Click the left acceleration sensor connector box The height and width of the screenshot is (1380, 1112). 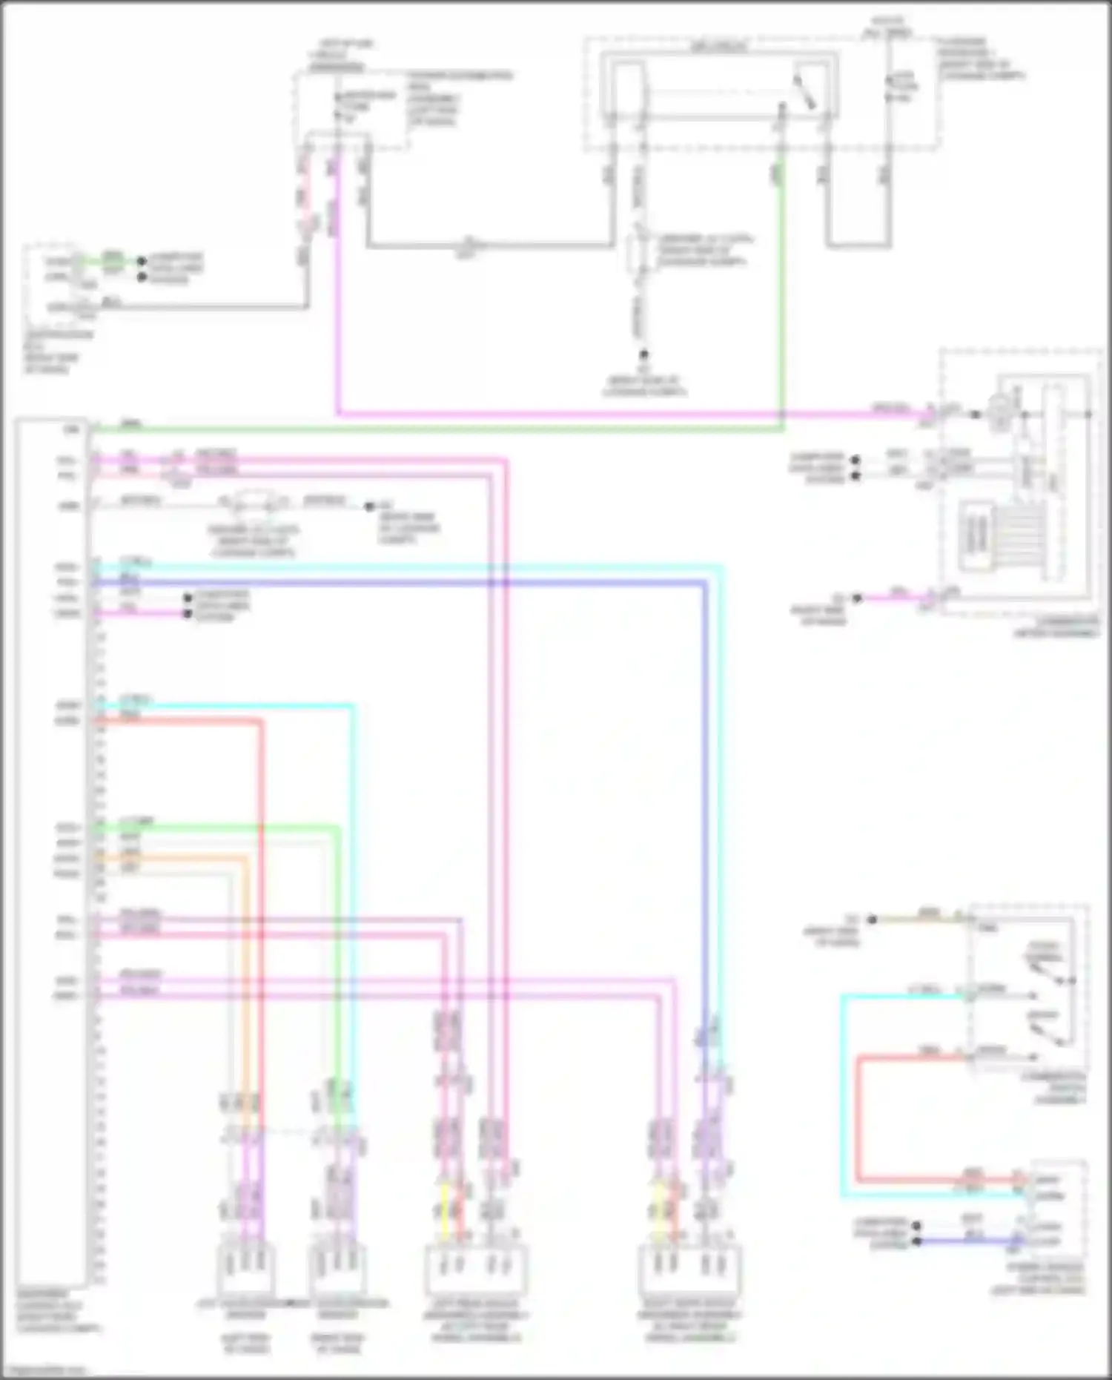pos(246,1268)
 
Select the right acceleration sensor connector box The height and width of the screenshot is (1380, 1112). pos(338,1268)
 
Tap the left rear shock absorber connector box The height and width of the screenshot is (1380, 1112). pos(475,1269)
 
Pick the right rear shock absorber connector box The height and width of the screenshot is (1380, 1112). pos(689,1269)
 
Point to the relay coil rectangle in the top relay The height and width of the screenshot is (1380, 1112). pos(629,89)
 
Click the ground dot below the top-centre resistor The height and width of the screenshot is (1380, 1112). pos(644,355)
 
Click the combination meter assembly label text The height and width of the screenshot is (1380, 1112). pos(1057,627)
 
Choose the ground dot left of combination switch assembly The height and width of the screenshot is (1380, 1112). pos(873,920)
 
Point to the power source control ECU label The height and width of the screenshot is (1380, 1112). pos(1039,1278)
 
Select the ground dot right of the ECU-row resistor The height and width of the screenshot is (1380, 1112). pos(369,506)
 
